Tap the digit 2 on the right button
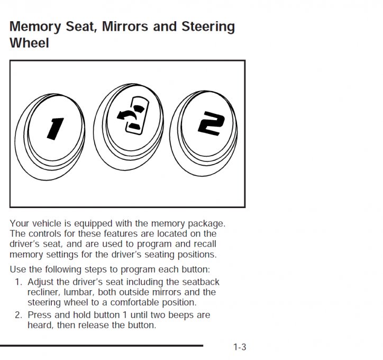point(211,124)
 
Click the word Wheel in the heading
point(29,43)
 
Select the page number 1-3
point(240,347)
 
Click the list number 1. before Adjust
point(19,282)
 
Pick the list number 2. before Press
point(19,315)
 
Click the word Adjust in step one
point(41,282)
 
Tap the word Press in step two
point(39,315)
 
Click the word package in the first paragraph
point(206,224)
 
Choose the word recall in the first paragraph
point(204,244)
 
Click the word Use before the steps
point(19,269)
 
